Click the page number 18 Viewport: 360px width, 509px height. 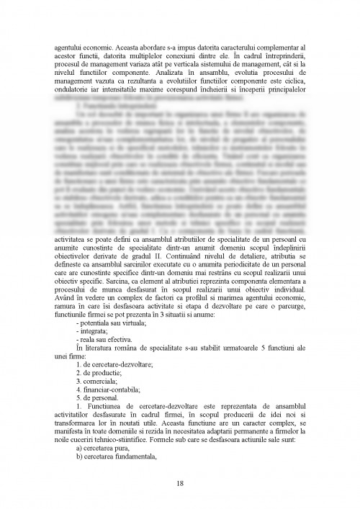point(180,483)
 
